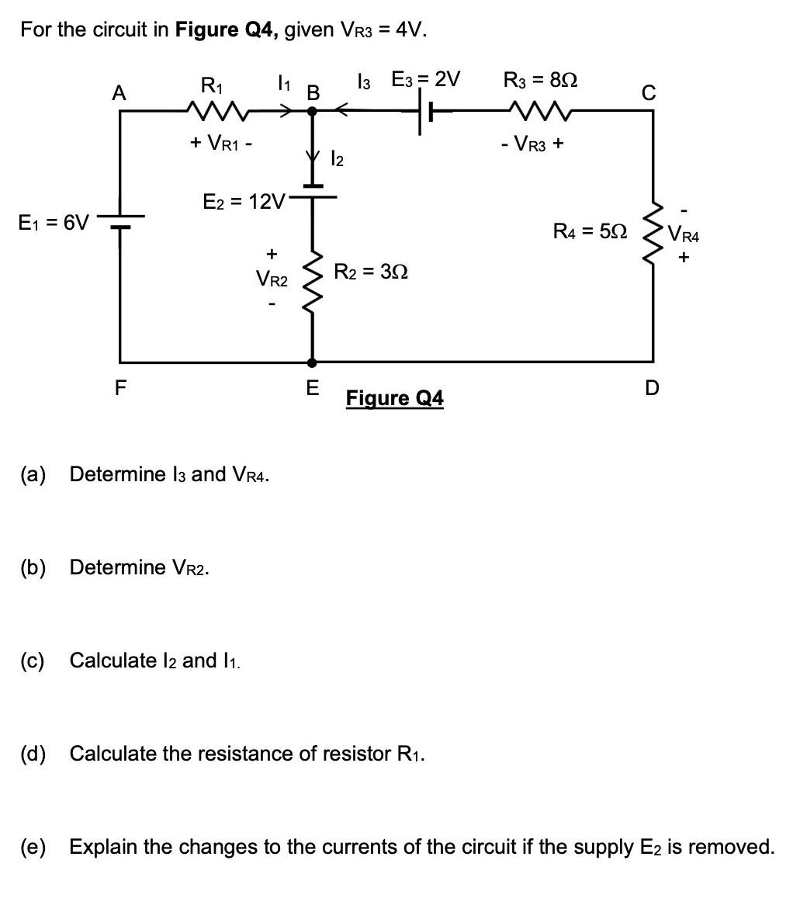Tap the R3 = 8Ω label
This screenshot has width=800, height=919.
pyautogui.click(x=540, y=80)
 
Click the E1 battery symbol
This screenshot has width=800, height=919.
pyautogui.click(x=119, y=221)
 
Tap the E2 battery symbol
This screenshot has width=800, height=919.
pyautogui.click(x=313, y=191)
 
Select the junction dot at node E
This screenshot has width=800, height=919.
pyautogui.click(x=313, y=362)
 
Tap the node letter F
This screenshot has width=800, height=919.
pyautogui.click(x=121, y=387)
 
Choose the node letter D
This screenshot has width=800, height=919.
pyautogui.click(x=652, y=387)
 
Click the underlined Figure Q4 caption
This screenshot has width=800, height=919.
pyautogui.click(x=395, y=398)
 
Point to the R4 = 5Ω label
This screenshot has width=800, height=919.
pyautogui.click(x=588, y=231)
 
